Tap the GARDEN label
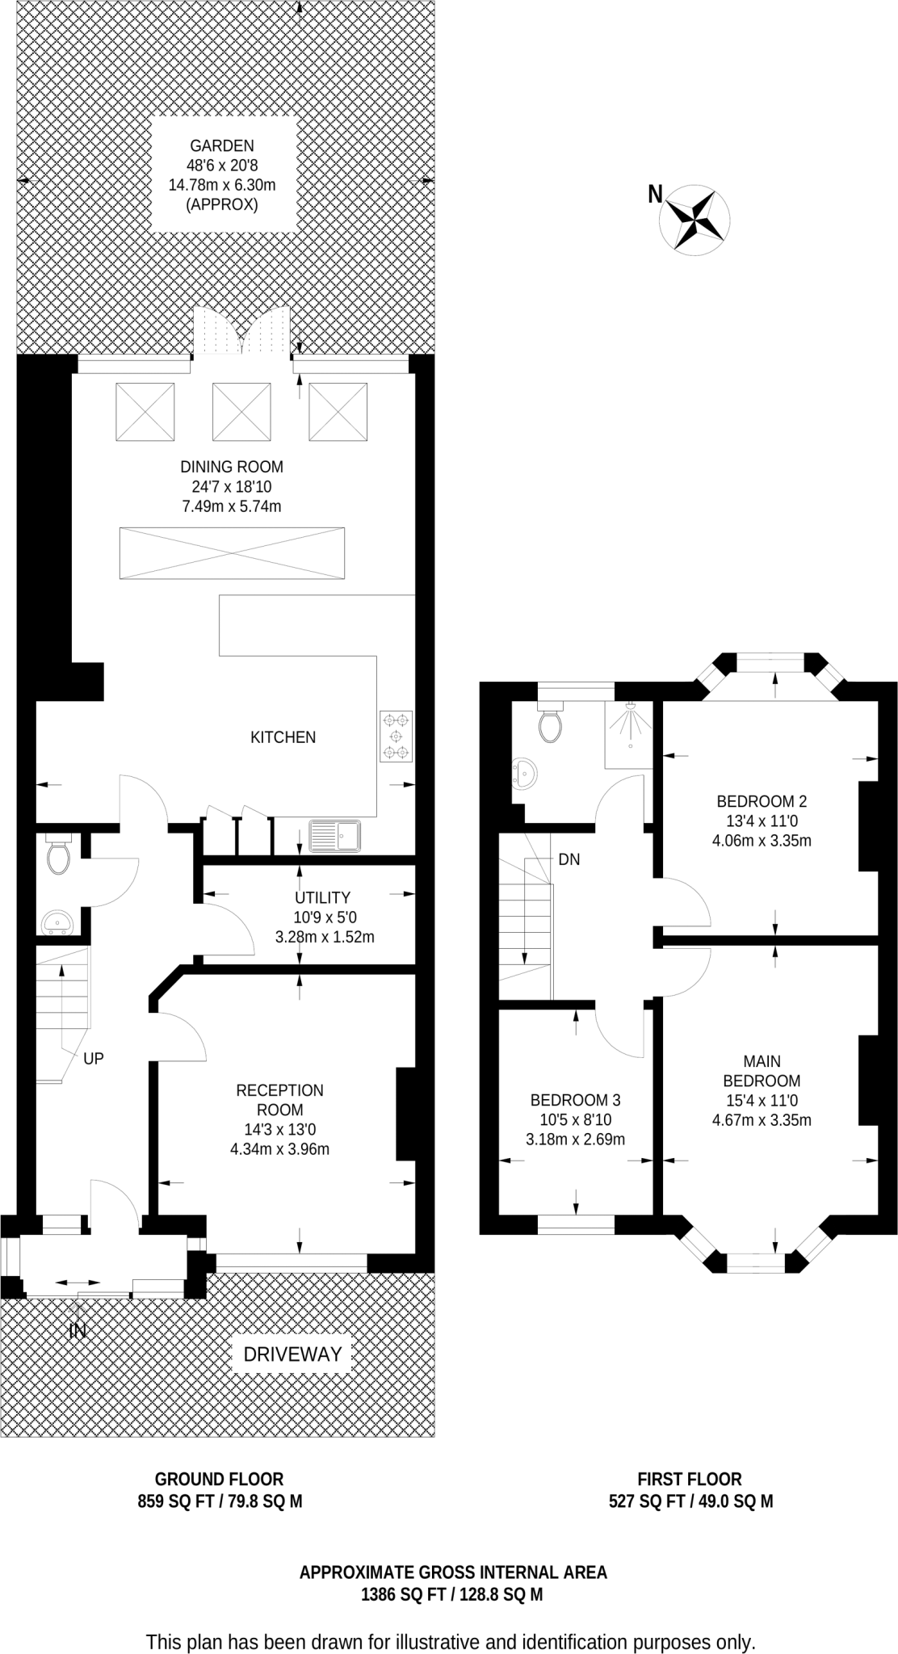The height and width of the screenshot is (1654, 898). pyautogui.click(x=222, y=146)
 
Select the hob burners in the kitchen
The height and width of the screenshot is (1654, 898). pyautogui.click(x=396, y=736)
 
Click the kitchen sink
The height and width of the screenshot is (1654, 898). pyautogui.click(x=335, y=836)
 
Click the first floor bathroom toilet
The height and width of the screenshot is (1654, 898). pyautogui.click(x=551, y=724)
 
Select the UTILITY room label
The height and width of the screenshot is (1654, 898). pyautogui.click(x=322, y=897)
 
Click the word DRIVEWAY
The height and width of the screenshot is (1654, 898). pyautogui.click(x=292, y=1354)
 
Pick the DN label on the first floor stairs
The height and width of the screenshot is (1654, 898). pyautogui.click(x=569, y=859)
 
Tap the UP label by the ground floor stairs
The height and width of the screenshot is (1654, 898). pyautogui.click(x=94, y=1058)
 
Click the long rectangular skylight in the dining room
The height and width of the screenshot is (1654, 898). pyautogui.click(x=232, y=553)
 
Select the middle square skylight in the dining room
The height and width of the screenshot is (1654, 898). pyautogui.click(x=241, y=411)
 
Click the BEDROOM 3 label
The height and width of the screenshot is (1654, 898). pyautogui.click(x=575, y=1100)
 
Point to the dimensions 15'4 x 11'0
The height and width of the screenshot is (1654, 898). pyautogui.click(x=762, y=1100)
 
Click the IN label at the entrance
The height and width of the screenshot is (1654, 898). pyautogui.click(x=78, y=1331)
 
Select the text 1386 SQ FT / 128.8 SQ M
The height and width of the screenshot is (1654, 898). pyautogui.click(x=451, y=1595)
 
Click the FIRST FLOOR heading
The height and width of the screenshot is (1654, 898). pyautogui.click(x=689, y=1479)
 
